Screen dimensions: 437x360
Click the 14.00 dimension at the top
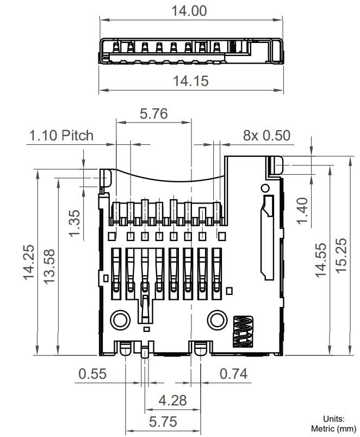pyautogui.click(x=190, y=10)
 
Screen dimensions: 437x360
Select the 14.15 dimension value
pyautogui.click(x=190, y=81)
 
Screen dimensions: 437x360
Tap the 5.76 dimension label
pyautogui.click(x=153, y=114)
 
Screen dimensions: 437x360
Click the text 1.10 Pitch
pyautogui.click(x=61, y=135)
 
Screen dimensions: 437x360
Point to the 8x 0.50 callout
pyautogui.click(x=266, y=135)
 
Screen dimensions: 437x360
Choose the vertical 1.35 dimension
pyautogui.click(x=75, y=224)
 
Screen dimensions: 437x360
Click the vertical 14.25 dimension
pyautogui.click(x=29, y=262)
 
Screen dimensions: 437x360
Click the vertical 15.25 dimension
pyautogui.click(x=341, y=256)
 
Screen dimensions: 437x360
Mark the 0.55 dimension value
pyautogui.click(x=92, y=374)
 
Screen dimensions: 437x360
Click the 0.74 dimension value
pyautogui.click(x=233, y=374)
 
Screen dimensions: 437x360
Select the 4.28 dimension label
pyautogui.click(x=172, y=401)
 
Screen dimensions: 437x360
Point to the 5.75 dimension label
pyautogui.click(x=163, y=422)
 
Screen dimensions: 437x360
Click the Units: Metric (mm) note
pyautogui.click(x=333, y=424)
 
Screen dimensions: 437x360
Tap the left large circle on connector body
pyautogui.click(x=120, y=320)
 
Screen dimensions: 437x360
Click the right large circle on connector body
pyautogui.click(x=217, y=319)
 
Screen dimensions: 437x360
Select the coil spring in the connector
pyautogui.click(x=243, y=331)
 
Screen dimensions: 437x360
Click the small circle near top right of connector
pyautogui.click(x=265, y=188)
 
